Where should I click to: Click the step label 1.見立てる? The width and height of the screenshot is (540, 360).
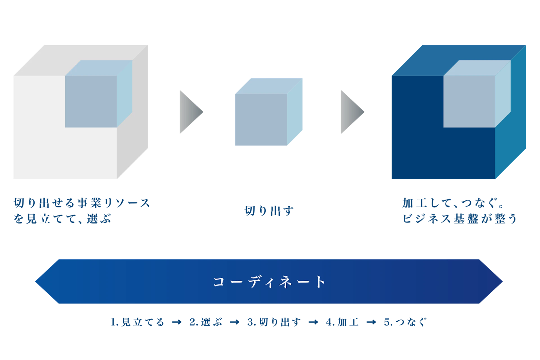click(137, 322)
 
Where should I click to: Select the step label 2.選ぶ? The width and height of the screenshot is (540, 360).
click(206, 322)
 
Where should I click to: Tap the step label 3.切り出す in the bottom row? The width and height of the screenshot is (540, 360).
click(274, 322)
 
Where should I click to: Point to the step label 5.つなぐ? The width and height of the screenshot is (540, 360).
click(405, 322)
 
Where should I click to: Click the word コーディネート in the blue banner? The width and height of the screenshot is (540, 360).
click(269, 282)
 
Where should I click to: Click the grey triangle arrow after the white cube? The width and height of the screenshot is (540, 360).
click(190, 112)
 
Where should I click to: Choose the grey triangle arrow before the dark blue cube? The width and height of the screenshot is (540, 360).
click(352, 112)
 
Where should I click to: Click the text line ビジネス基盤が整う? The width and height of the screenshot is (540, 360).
click(460, 219)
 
